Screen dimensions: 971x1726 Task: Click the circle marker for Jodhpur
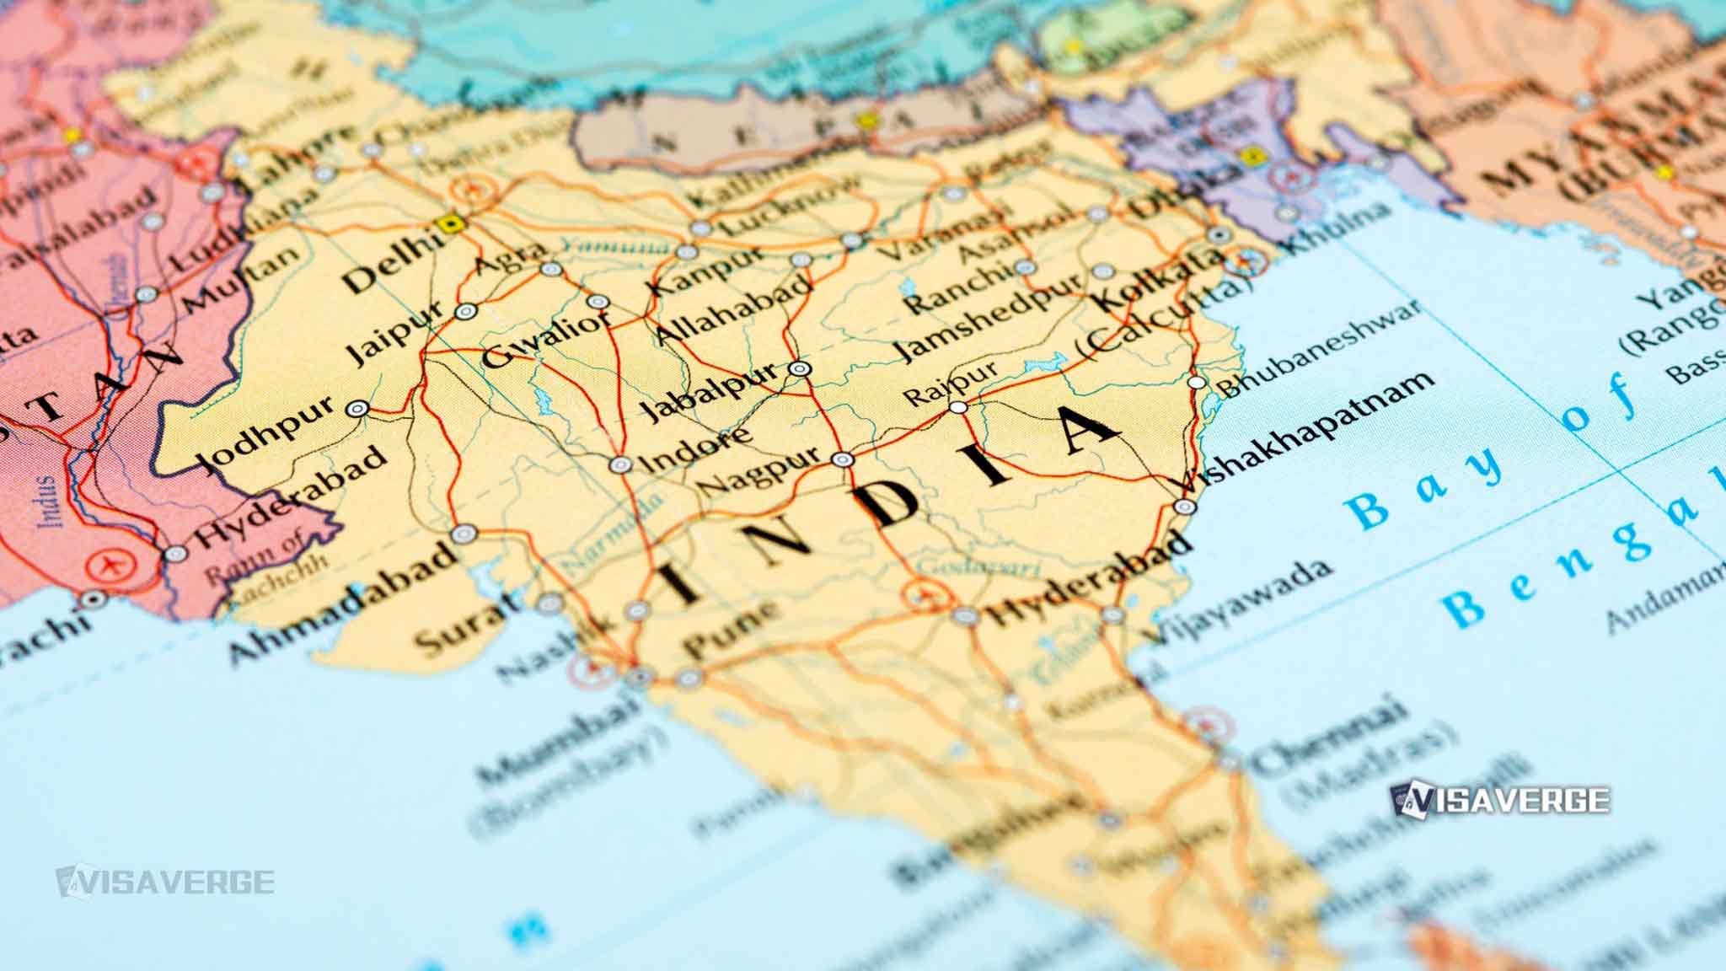358,409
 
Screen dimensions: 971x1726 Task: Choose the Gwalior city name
546,340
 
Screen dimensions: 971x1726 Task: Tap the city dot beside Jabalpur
799,368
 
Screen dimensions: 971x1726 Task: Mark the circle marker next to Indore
620,464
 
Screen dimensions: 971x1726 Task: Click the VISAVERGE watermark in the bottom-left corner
164,881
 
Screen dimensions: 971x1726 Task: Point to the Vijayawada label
1239,599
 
